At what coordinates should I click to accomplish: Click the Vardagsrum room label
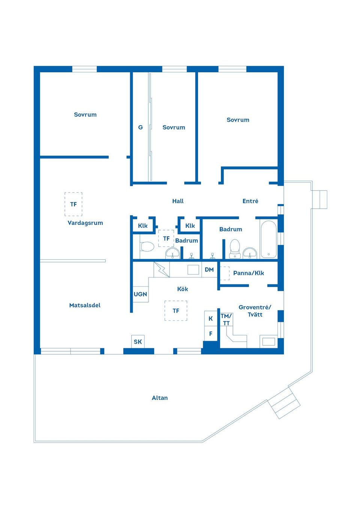point(85,223)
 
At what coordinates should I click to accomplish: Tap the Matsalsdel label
point(85,305)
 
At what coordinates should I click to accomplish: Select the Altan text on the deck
point(159,398)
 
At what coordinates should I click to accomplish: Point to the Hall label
point(178,201)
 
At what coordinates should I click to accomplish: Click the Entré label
point(250,201)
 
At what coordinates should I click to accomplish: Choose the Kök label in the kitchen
point(182,289)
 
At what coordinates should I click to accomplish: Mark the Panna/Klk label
point(248,273)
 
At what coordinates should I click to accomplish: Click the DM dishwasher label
point(209,269)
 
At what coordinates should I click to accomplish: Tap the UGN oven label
point(140,294)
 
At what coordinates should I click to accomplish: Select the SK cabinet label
point(138,341)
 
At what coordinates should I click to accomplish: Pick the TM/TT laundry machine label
point(226,319)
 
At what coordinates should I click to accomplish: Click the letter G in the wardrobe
point(140,127)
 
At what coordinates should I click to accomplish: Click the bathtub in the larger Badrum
point(268,240)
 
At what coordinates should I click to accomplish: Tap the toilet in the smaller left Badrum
point(147,247)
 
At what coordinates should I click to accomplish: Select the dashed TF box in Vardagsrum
point(73,204)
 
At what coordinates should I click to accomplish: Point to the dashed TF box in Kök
point(176,311)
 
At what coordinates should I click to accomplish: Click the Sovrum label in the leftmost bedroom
point(85,114)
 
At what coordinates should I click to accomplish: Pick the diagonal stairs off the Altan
point(284,403)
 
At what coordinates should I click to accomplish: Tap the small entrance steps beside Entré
point(319,199)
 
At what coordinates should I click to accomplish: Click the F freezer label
point(211,334)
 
